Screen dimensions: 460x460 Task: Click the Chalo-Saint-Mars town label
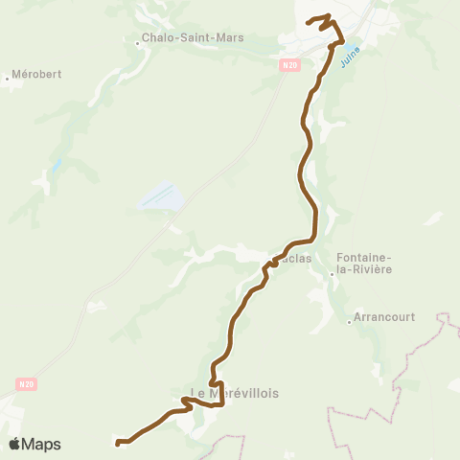[192, 38]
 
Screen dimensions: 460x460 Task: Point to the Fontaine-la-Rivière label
[365, 264]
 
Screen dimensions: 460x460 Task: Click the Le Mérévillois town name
[227, 393]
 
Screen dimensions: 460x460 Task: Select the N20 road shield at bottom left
[26, 383]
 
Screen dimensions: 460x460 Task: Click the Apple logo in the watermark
[15, 444]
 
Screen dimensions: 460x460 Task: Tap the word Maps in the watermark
[41, 444]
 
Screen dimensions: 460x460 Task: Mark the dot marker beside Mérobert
[8, 80]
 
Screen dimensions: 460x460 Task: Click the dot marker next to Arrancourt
[350, 322]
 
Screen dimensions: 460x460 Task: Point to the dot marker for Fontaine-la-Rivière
[332, 274]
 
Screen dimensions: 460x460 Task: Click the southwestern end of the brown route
[118, 443]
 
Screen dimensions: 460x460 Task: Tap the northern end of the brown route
[307, 21]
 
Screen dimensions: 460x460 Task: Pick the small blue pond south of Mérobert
[56, 165]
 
